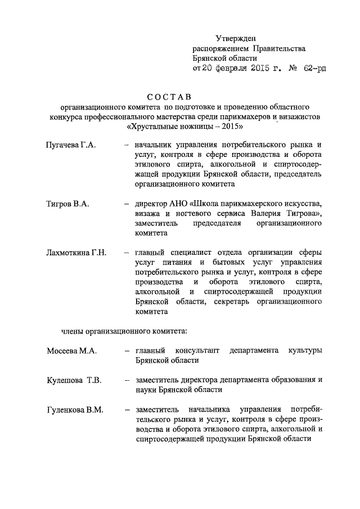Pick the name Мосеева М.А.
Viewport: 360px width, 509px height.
(72, 351)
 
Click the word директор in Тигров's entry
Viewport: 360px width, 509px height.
(154, 203)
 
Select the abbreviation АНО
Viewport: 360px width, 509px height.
(183, 203)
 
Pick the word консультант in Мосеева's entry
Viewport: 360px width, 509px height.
(195, 351)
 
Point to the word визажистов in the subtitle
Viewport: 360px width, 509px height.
(299, 117)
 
